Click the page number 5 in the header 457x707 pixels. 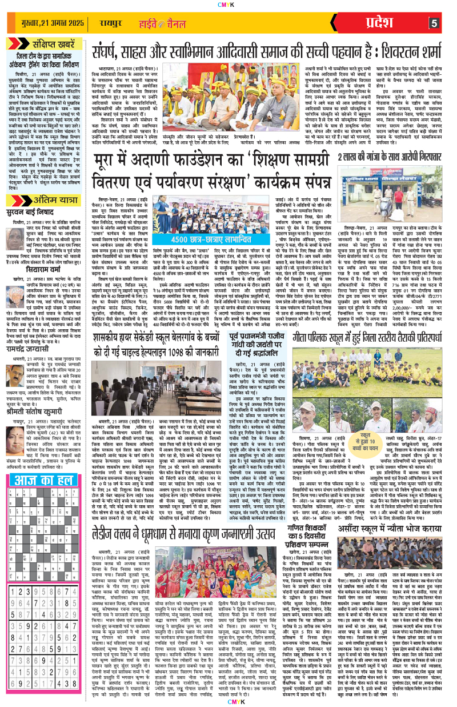coord(435,23)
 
